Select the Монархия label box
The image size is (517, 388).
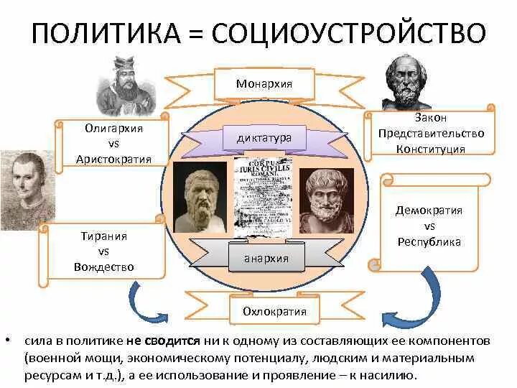point(264,83)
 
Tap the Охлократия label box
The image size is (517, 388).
point(264,311)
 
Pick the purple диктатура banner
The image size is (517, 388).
point(264,137)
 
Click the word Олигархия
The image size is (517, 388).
point(113,129)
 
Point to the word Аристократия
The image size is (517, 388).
point(113,159)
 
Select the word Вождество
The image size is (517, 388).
point(104,267)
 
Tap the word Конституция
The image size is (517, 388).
point(431,149)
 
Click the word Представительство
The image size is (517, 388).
point(431,134)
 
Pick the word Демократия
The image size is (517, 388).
point(429,211)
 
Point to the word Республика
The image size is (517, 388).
point(429,242)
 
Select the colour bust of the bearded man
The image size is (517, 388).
point(325,201)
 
